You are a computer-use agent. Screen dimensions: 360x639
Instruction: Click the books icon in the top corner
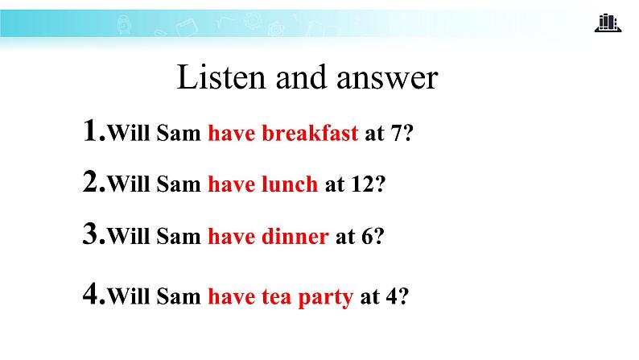(x=608, y=23)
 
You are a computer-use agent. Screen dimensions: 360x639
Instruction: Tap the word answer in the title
(x=386, y=78)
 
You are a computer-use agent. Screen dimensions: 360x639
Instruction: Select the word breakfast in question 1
(x=311, y=134)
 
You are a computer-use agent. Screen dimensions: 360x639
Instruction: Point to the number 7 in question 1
(x=397, y=134)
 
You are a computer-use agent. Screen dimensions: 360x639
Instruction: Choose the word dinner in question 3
(x=295, y=237)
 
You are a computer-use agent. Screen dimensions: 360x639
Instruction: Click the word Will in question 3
(x=129, y=237)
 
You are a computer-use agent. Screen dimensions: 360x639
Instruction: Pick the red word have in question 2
(x=230, y=184)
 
